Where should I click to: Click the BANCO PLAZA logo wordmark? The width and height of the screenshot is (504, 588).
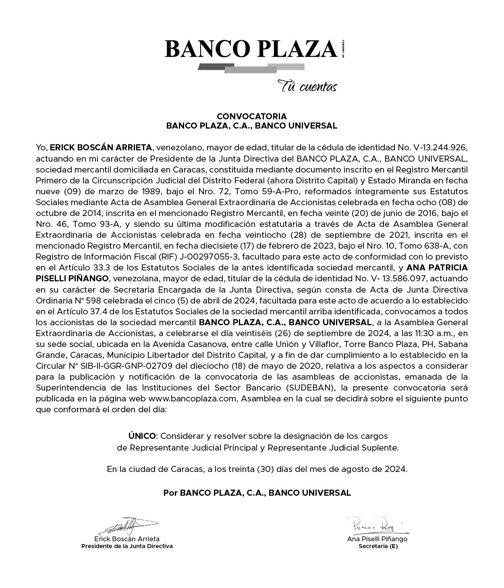[x=251, y=49]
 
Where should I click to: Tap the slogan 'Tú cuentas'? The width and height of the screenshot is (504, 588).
[x=307, y=86]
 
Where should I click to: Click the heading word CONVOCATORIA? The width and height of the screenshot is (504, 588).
[x=252, y=116]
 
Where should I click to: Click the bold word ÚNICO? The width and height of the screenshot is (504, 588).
[x=142, y=436]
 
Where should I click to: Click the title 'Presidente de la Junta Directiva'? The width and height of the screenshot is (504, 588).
[x=127, y=546]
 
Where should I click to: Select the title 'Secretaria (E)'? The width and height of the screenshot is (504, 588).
[x=378, y=546]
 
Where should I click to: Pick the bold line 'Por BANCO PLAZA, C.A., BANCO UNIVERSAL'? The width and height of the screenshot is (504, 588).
[x=257, y=492]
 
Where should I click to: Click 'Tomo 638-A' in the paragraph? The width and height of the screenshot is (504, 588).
[x=434, y=245]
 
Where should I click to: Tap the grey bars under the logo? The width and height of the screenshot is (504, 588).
[x=251, y=68]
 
